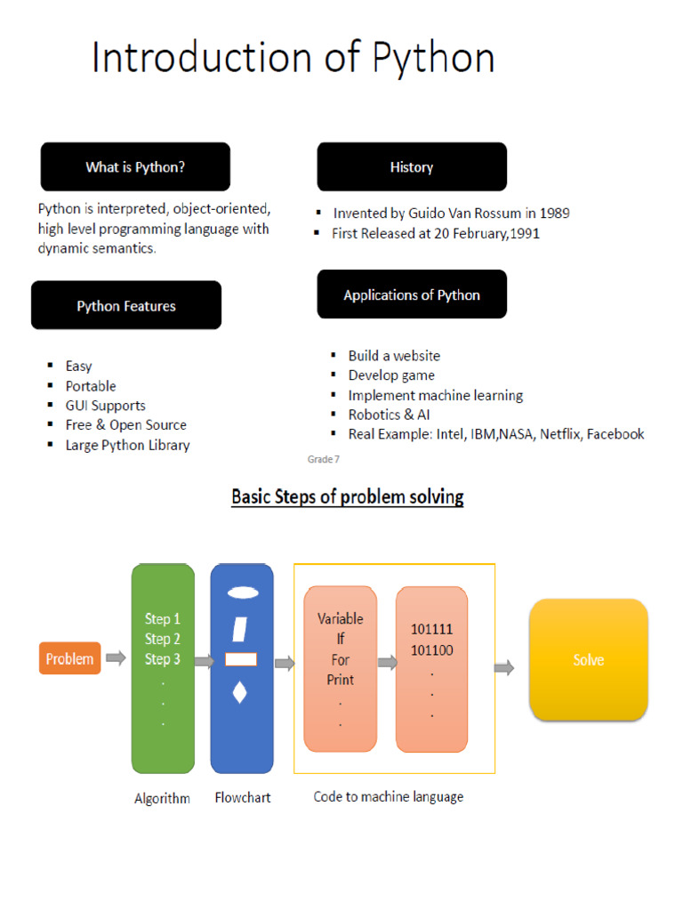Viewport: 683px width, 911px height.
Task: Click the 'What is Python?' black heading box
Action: tap(135, 167)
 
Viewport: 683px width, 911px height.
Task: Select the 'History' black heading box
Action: tap(412, 167)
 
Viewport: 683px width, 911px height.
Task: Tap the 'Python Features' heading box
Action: tap(126, 306)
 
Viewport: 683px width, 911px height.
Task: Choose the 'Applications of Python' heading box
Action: tap(412, 295)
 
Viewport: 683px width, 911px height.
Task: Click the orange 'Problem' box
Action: tap(69, 659)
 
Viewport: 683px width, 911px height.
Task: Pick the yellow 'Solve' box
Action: tap(589, 660)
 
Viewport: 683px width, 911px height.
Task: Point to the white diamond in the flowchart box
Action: tap(239, 692)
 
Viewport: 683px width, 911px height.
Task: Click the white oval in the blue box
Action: tap(242, 593)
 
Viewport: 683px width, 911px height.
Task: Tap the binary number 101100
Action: tap(431, 650)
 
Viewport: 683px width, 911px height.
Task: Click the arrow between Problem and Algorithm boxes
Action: tap(116, 658)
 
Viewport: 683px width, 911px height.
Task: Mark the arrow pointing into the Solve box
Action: tap(504, 667)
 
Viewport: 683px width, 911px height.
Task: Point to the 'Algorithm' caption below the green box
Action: tap(162, 798)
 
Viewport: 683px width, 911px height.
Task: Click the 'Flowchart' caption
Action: tap(243, 798)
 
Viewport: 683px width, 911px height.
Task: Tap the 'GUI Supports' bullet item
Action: tap(106, 406)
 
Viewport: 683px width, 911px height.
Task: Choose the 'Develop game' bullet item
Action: tap(391, 375)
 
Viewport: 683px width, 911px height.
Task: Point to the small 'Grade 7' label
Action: tap(323, 460)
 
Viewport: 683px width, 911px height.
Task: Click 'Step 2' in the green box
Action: tap(163, 639)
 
